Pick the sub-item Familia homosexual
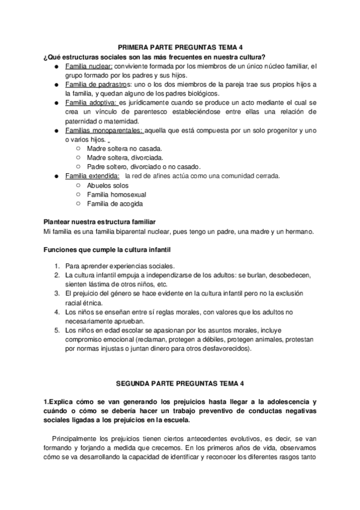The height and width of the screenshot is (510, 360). tap(117, 195)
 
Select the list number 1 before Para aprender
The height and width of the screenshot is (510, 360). tap(56, 266)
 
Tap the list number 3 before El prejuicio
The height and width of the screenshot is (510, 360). tap(56, 293)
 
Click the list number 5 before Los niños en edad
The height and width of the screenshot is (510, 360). tap(56, 330)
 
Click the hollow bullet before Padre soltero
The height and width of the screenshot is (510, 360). tap(79, 167)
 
